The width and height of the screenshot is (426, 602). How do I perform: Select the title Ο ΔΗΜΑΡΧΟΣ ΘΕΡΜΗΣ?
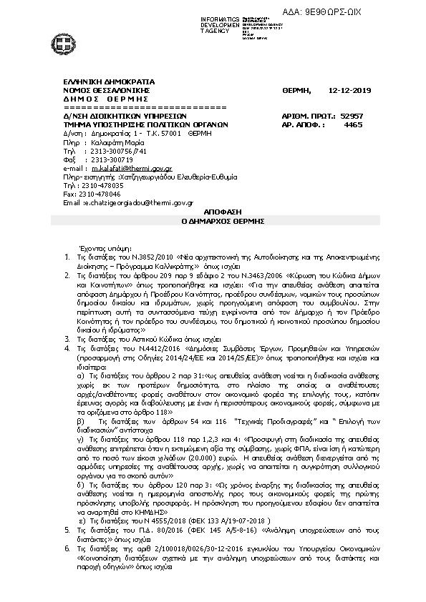(213, 222)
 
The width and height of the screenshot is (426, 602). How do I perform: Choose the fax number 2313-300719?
(102, 159)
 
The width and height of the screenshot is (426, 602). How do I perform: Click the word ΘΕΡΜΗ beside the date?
(296, 91)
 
